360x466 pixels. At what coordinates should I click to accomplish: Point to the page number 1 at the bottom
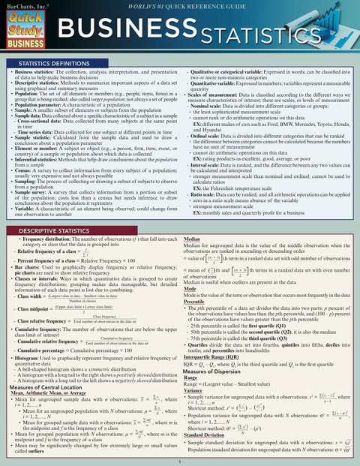point(180,461)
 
